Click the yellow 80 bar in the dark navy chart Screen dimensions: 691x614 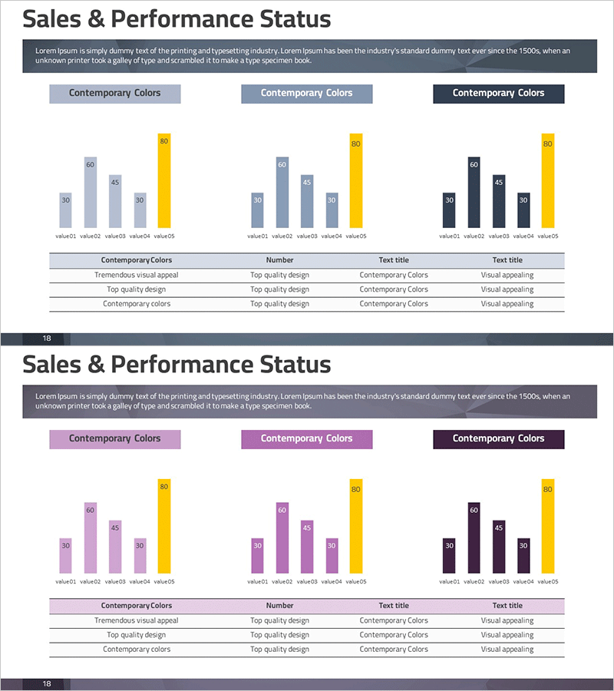pyautogui.click(x=547, y=180)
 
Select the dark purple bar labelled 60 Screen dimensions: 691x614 pyautogui.click(x=474, y=537)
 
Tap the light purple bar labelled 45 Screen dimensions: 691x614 pyautogui.click(x=115, y=547)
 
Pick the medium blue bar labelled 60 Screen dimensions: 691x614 pyautogui.click(x=282, y=192)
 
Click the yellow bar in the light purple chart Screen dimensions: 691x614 pyautogui.click(x=163, y=526)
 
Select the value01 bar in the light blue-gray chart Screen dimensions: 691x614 pyautogui.click(x=65, y=210)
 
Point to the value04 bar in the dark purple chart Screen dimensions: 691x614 pyautogui.click(x=523, y=555)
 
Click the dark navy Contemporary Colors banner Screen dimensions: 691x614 pyautogui.click(x=498, y=93)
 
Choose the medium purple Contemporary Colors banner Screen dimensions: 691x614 pyautogui.click(x=306, y=438)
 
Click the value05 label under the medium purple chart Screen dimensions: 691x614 pyautogui.click(x=356, y=582)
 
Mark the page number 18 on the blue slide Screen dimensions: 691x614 pyautogui.click(x=47, y=339)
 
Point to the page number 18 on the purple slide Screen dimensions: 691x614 pyautogui.click(x=47, y=684)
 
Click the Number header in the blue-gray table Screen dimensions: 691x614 pyautogui.click(x=279, y=260)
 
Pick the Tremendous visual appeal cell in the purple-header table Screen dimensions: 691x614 pyautogui.click(x=136, y=620)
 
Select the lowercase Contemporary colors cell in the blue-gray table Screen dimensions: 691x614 pyautogui.click(x=137, y=304)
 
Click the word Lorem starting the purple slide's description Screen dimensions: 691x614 pyautogui.click(x=46, y=396)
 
